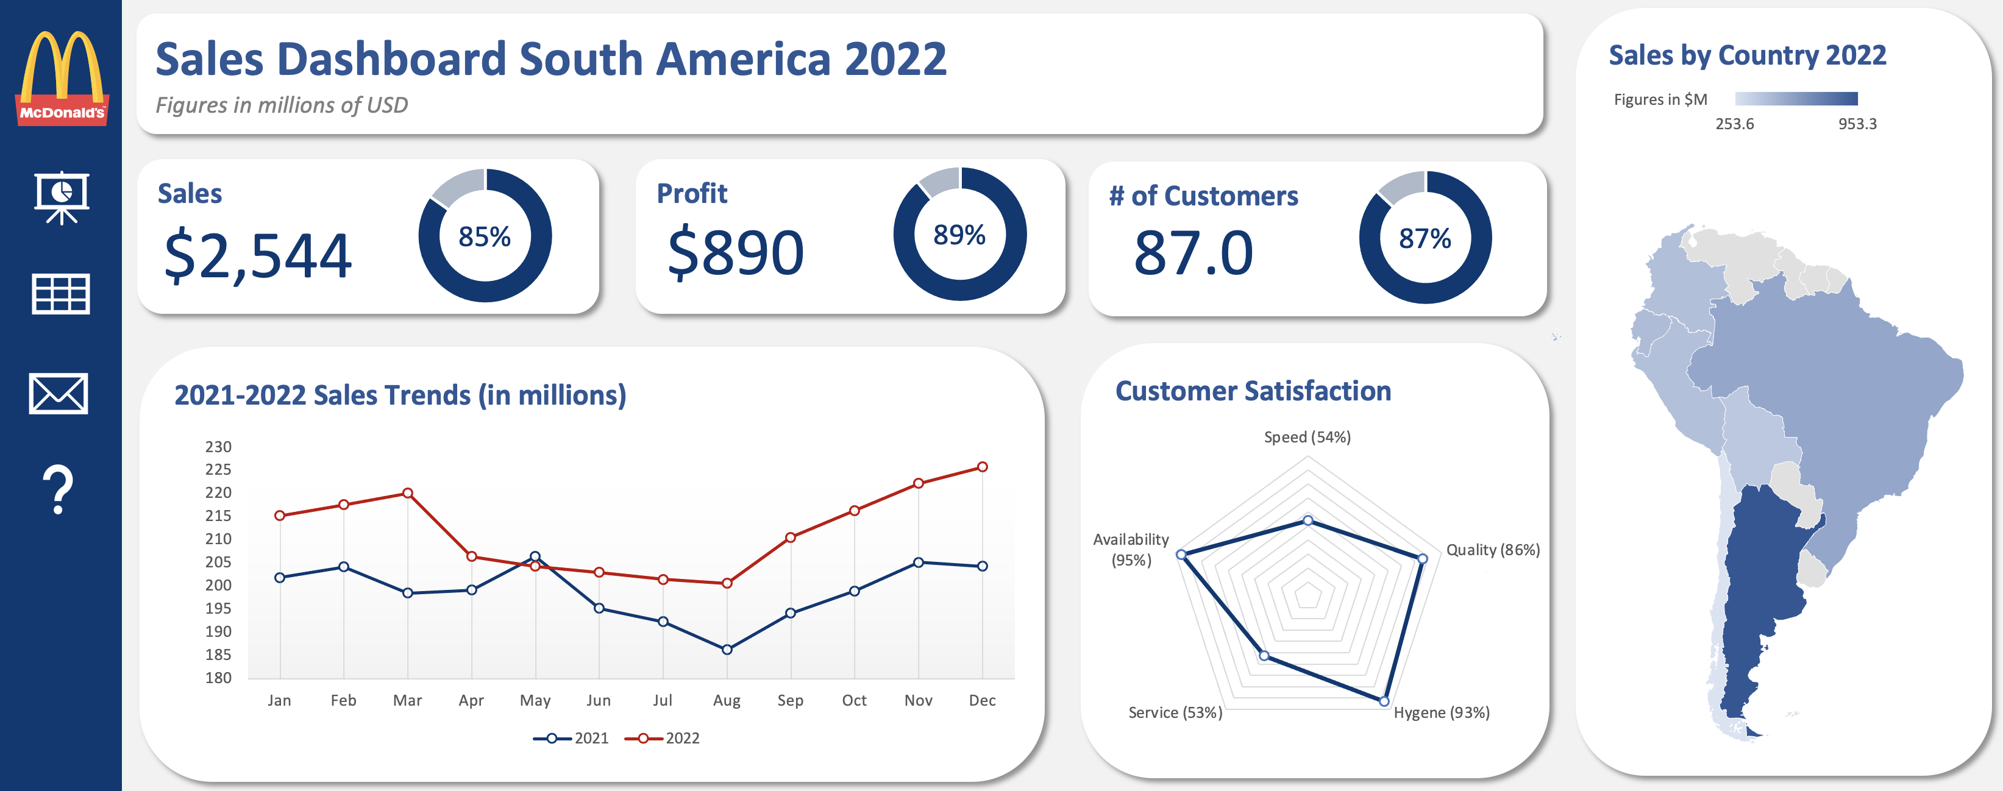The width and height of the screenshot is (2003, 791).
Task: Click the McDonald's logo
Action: coord(62,78)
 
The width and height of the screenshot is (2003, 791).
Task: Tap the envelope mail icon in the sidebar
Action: coord(59,393)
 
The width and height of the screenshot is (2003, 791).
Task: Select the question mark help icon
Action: coord(59,489)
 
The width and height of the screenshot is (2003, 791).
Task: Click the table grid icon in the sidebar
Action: coord(60,294)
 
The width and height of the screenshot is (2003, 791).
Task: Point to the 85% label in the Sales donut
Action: coord(485,236)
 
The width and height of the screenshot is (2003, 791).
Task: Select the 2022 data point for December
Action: coord(982,467)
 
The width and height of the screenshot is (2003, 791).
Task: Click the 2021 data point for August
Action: coord(726,650)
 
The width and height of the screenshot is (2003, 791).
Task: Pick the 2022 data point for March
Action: coord(407,494)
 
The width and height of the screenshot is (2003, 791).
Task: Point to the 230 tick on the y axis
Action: coord(218,447)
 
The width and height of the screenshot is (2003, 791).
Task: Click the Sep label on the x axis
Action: coord(790,700)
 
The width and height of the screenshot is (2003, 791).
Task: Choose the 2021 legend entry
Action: coord(572,738)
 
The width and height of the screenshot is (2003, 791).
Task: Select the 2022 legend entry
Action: coord(663,738)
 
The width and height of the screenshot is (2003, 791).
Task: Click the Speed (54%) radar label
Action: coord(1307,437)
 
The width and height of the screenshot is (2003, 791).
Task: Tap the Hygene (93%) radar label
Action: coord(1441,712)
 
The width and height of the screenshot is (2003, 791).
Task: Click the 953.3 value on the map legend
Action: coord(1857,124)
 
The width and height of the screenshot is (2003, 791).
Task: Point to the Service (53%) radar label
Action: coord(1175,712)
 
